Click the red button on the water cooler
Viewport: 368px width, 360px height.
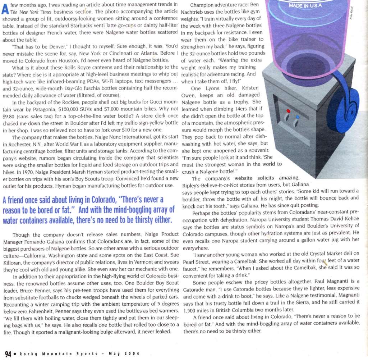pyautogui.click(x=287, y=111)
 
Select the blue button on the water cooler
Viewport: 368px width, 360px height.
pyautogui.click(x=298, y=117)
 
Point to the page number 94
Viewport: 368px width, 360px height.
pyautogui.click(x=8, y=353)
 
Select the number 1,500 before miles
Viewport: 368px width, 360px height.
pyautogui.click(x=190, y=310)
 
